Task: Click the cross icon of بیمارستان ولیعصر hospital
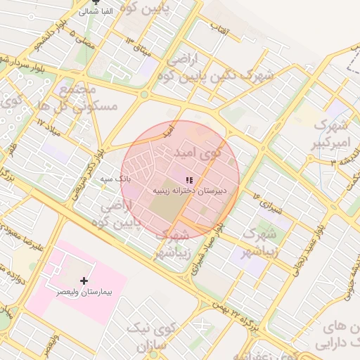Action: click(84, 281)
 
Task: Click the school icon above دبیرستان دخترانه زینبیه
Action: click(189, 181)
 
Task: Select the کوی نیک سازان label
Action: click(157, 336)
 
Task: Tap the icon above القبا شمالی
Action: click(96, 2)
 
